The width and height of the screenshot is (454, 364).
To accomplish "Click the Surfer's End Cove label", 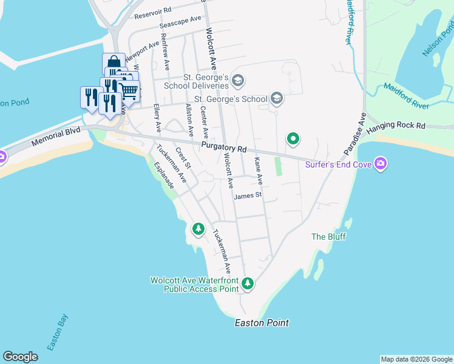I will (x=339, y=164).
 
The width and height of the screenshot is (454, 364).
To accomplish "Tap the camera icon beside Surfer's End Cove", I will (x=381, y=163).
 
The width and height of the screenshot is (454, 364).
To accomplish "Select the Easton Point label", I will (x=262, y=323).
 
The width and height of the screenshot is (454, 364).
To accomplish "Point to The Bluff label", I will (x=328, y=237).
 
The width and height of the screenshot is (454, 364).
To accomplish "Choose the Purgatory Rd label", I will (x=223, y=149).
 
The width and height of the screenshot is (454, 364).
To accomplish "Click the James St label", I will (x=248, y=195).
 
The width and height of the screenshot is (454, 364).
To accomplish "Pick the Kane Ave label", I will (x=258, y=170).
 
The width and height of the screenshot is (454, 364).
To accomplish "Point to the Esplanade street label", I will (x=164, y=175).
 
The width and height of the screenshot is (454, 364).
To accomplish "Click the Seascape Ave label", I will (x=180, y=22).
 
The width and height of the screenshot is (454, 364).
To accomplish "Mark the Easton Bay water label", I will (x=58, y=332).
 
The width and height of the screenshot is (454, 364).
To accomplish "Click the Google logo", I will (x=20, y=357).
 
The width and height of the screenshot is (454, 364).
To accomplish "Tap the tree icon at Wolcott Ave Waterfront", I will (x=247, y=283).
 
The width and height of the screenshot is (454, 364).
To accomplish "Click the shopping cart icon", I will (x=130, y=91).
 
